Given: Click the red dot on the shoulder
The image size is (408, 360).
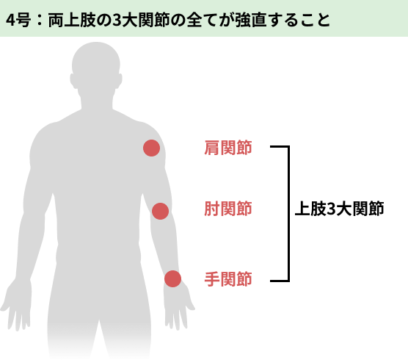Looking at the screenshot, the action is pyautogui.click(x=151, y=148).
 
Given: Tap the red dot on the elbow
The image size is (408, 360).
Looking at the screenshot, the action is pyautogui.click(x=160, y=211).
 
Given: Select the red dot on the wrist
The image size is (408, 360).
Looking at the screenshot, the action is pyautogui.click(x=172, y=278).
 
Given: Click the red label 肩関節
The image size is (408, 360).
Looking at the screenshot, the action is pyautogui.click(x=228, y=148).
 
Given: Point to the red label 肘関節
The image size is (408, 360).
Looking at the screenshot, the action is pyautogui.click(x=228, y=209).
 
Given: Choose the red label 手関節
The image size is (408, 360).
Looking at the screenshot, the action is pyautogui.click(x=228, y=279).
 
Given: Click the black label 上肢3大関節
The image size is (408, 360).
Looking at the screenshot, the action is pyautogui.click(x=339, y=209).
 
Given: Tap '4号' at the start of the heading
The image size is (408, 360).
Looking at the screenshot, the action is pyautogui.click(x=18, y=20).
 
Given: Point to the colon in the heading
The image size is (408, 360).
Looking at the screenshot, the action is pyautogui.click(x=40, y=20).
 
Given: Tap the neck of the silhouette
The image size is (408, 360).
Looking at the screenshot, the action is pyautogui.click(x=97, y=101).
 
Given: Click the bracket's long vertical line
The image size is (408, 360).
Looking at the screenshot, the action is pyautogui.click(x=288, y=214).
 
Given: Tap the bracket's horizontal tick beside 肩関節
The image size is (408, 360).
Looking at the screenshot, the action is pyautogui.click(x=280, y=147).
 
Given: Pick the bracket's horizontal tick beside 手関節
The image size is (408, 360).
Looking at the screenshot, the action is pyautogui.click(x=280, y=281).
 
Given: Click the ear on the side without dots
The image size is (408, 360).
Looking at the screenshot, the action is pyautogui.click(x=73, y=81).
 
